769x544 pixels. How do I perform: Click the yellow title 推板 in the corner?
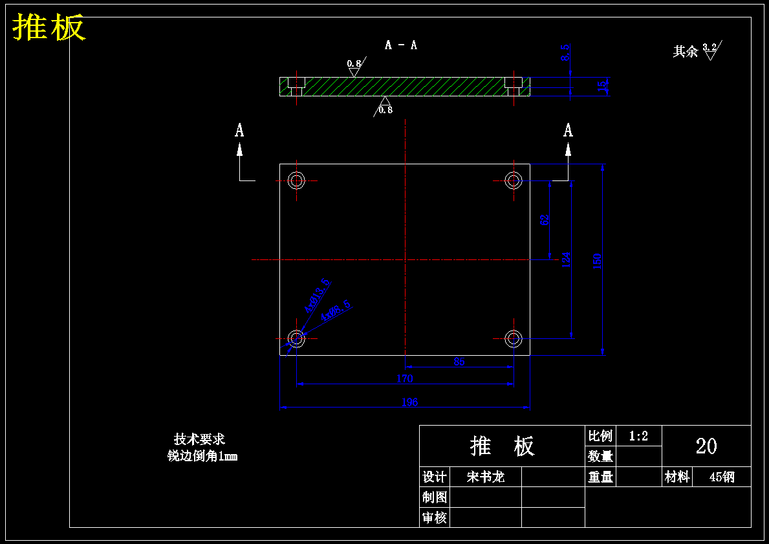[x=49, y=28]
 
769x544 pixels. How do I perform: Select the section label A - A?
[x=401, y=45]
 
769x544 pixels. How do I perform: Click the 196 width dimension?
[x=409, y=402]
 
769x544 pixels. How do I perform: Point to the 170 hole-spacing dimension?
[x=404, y=378]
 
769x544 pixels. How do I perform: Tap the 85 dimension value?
[x=459, y=362]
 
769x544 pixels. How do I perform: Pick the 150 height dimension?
[x=598, y=261]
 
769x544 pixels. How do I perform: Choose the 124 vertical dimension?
[x=567, y=260]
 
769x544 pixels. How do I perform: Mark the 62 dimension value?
[x=545, y=220]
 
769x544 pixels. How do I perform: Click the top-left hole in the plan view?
[x=297, y=180]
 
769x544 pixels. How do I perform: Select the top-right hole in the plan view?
[x=514, y=180]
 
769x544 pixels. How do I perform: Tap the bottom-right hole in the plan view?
[x=514, y=338]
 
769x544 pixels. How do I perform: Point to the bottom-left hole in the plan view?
[x=297, y=338]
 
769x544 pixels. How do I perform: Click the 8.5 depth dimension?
[x=565, y=53]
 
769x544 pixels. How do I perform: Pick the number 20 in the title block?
[x=706, y=446]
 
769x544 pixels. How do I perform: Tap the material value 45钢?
[x=722, y=477]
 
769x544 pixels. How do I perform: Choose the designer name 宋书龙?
[x=485, y=477]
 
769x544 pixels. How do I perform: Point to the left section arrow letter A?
[x=239, y=131]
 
